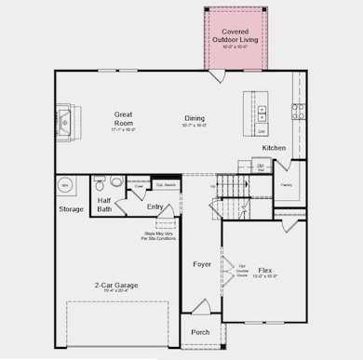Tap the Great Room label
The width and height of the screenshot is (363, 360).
[x=124, y=117]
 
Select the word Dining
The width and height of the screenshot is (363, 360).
[x=194, y=118]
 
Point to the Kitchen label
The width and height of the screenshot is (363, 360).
[x=274, y=148]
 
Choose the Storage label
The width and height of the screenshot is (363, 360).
[x=71, y=209]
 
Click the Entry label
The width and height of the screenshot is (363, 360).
[x=155, y=206]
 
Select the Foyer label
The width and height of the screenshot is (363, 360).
[x=201, y=264]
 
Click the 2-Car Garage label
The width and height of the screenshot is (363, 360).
[x=116, y=285]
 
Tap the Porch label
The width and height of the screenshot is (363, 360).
[x=200, y=332]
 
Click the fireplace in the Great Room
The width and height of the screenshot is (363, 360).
[x=66, y=120]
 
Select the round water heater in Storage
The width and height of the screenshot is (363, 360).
[x=65, y=185]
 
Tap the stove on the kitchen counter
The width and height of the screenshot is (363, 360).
[x=299, y=111]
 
